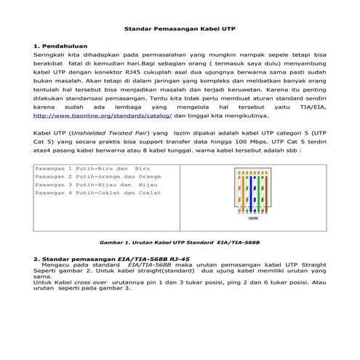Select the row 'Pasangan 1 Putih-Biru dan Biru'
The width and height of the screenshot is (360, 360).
[x=87, y=168]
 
